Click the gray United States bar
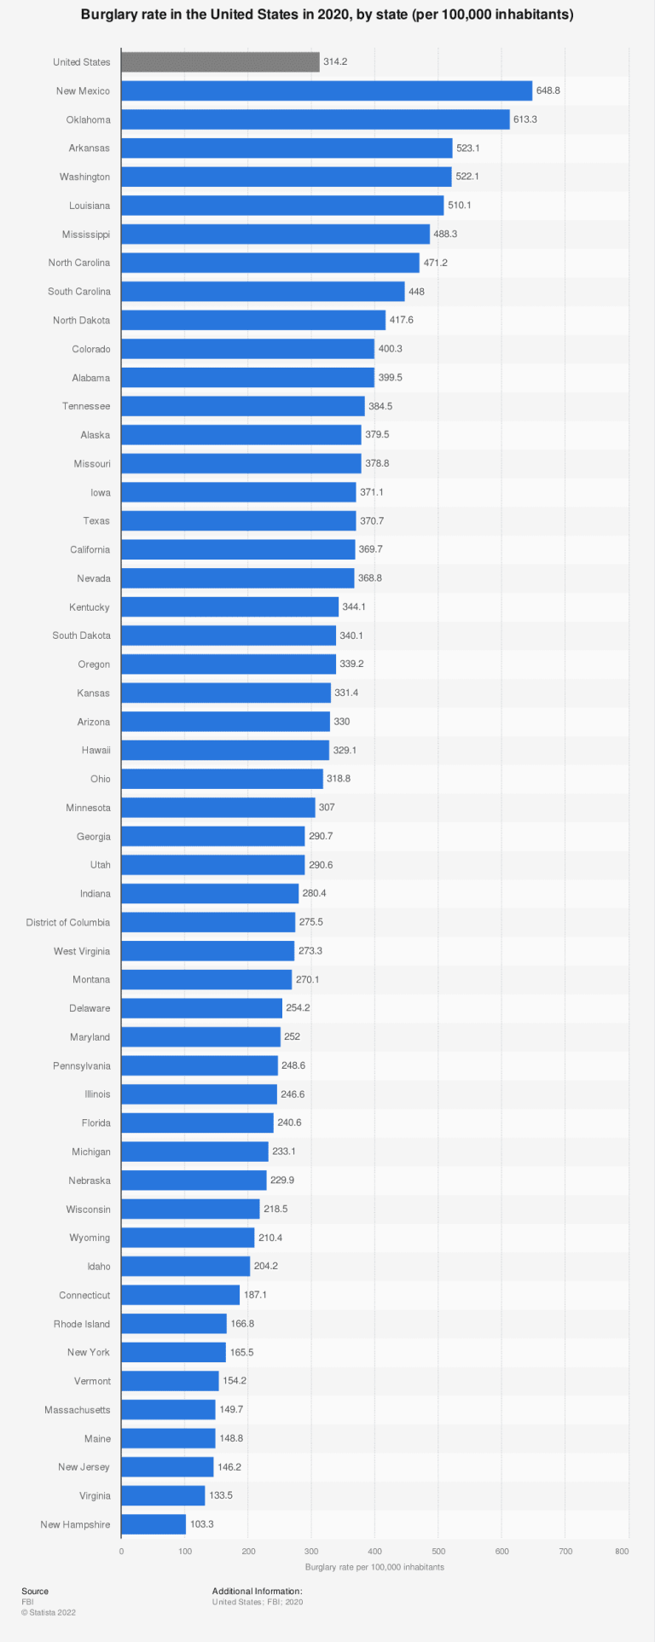(x=220, y=61)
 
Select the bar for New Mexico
(x=327, y=90)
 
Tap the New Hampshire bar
(x=154, y=1524)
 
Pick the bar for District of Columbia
(x=208, y=922)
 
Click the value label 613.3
(x=525, y=119)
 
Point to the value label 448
(x=416, y=292)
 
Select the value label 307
(x=327, y=807)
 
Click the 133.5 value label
(x=221, y=1495)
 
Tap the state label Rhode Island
(x=82, y=1324)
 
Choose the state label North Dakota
(x=81, y=320)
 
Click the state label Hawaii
(x=96, y=750)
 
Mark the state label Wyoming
(x=90, y=1238)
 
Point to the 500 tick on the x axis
(x=438, y=1551)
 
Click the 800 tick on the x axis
(x=622, y=1551)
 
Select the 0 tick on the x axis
(x=121, y=1551)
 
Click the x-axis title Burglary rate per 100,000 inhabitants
(x=374, y=1567)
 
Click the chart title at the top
(x=327, y=15)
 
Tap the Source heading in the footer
(x=35, y=1591)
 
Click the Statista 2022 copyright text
(x=49, y=1612)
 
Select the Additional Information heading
(x=257, y=1591)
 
